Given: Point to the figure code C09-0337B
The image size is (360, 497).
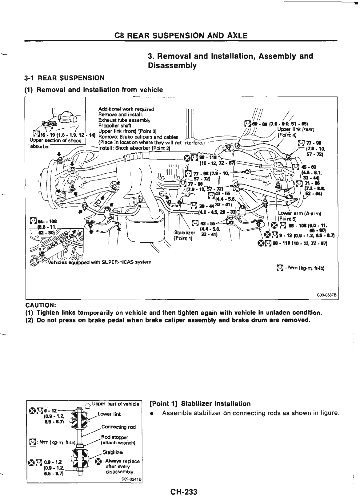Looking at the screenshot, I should point(327,295).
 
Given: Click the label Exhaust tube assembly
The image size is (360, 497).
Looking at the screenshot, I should point(124,120).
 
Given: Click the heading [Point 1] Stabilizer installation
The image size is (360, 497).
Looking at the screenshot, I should point(200,404).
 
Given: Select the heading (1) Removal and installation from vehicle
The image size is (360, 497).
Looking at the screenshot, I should point(94,90).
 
